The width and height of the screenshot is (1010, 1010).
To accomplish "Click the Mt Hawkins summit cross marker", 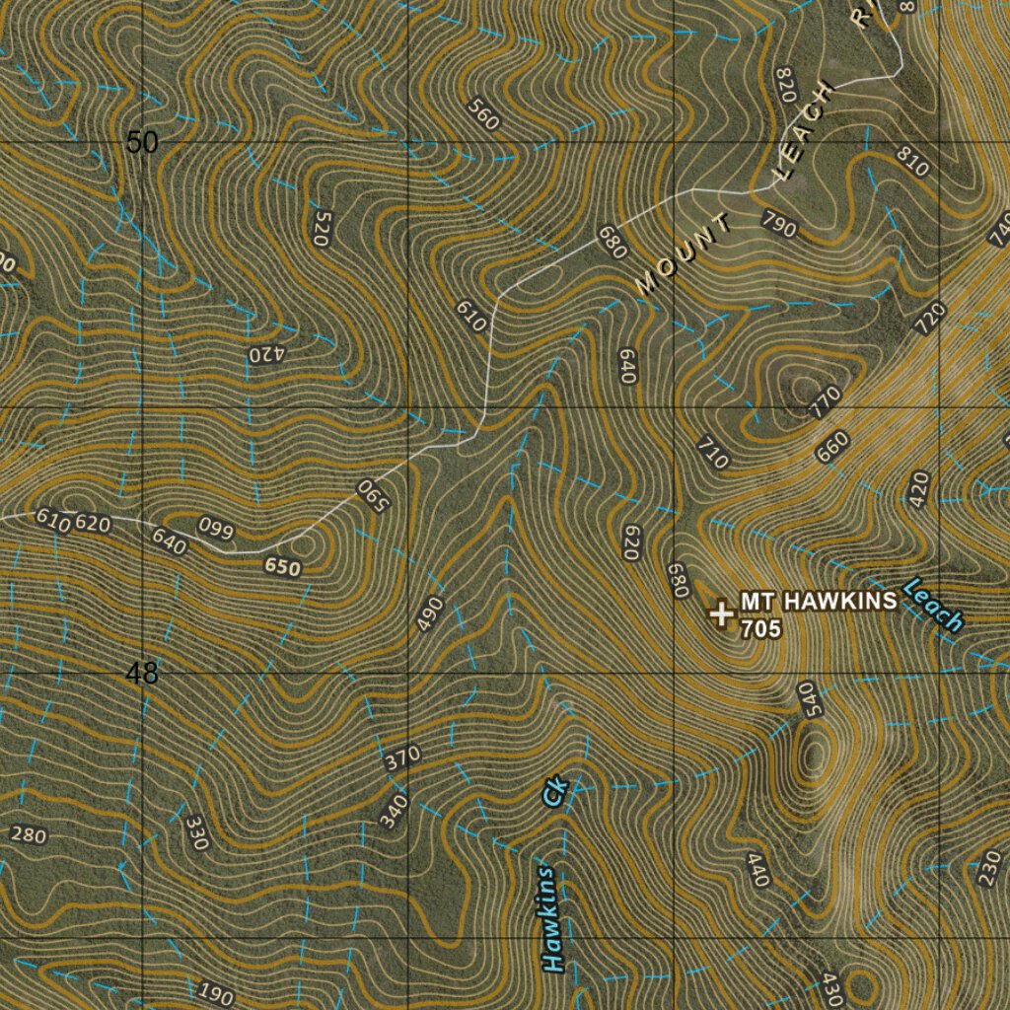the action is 722,613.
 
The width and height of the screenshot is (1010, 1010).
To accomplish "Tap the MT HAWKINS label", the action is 819,601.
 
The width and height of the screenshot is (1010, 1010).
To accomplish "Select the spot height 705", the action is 760,627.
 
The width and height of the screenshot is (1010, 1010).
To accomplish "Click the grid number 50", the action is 142,143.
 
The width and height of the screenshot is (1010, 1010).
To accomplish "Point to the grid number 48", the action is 142,674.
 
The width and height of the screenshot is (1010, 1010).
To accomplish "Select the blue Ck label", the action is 556,792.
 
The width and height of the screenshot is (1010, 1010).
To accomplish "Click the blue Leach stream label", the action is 932,604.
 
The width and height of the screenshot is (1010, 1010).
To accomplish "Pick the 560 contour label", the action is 484,115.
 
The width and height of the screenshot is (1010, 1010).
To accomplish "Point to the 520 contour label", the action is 322,227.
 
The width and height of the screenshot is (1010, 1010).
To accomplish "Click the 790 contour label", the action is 779,225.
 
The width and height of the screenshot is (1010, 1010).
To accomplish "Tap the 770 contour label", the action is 826,400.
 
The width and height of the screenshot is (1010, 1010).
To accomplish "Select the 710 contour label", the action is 712,451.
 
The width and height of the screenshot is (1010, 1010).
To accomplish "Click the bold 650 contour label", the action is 282,567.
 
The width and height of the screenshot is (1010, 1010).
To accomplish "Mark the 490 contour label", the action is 430,613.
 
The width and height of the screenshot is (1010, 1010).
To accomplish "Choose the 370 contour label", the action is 402,758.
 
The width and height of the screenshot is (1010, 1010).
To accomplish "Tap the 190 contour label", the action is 215,993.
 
